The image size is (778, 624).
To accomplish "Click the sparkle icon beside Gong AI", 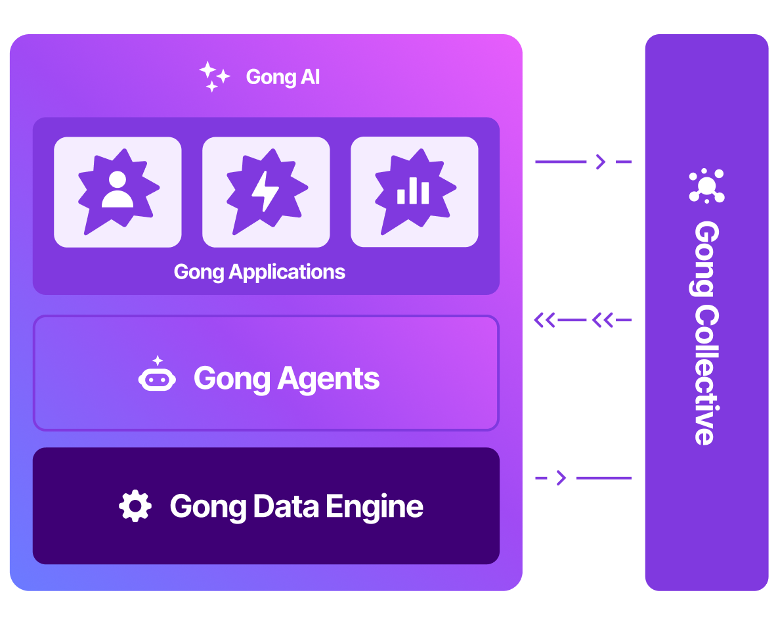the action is point(214,76).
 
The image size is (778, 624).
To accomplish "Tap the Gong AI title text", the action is point(283,78).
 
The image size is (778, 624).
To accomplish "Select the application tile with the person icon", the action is point(118,192).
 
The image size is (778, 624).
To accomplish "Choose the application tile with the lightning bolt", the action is point(266,192).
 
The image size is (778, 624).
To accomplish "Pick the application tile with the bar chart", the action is point(414,192).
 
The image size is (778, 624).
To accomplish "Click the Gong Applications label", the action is point(259,273).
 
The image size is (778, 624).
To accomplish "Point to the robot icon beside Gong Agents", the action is point(157,376).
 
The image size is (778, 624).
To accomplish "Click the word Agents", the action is point(328,380).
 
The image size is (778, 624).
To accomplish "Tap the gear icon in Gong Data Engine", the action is point(135,506).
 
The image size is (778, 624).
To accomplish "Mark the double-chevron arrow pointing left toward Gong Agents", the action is point(582,320).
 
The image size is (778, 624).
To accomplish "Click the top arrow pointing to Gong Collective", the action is point(584,162).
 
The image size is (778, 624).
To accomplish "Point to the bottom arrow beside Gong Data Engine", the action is point(584,478).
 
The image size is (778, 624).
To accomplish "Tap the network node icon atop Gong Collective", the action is point(706,186).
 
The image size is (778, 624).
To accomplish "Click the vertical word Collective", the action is point(706,376).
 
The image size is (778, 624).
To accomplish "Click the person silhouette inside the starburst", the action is point(118,190).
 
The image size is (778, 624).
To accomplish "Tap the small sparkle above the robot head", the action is point(158,360).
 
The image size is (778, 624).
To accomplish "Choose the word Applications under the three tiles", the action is point(287,273).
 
